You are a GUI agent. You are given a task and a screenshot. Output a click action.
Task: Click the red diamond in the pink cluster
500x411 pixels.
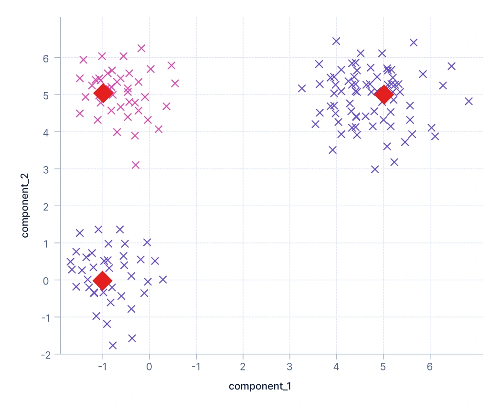coord(103,93)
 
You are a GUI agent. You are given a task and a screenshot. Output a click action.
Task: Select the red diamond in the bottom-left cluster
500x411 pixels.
coord(102,281)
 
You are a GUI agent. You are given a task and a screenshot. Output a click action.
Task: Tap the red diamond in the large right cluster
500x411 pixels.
coord(383,95)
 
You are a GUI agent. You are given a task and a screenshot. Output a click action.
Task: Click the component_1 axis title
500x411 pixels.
coord(260,386)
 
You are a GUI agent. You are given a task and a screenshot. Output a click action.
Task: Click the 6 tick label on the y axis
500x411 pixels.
coord(46,58)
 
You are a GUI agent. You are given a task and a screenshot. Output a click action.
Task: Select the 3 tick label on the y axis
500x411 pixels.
coord(46,169)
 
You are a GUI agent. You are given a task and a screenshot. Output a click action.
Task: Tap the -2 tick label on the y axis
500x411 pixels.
coord(44,354)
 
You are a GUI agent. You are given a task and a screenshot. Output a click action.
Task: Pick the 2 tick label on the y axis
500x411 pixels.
coord(46,206)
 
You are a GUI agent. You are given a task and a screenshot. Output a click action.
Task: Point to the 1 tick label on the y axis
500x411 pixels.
coord(46,243)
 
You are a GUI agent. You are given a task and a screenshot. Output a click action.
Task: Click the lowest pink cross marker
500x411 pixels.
coord(136,165)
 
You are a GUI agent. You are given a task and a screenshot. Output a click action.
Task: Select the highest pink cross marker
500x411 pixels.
coord(141,48)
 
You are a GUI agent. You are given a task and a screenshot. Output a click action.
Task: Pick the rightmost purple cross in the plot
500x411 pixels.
coord(468,101)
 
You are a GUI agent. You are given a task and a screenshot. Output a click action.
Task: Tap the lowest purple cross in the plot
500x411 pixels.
coord(113,345)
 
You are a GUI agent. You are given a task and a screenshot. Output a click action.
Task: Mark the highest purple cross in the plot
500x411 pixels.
coord(336,41)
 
